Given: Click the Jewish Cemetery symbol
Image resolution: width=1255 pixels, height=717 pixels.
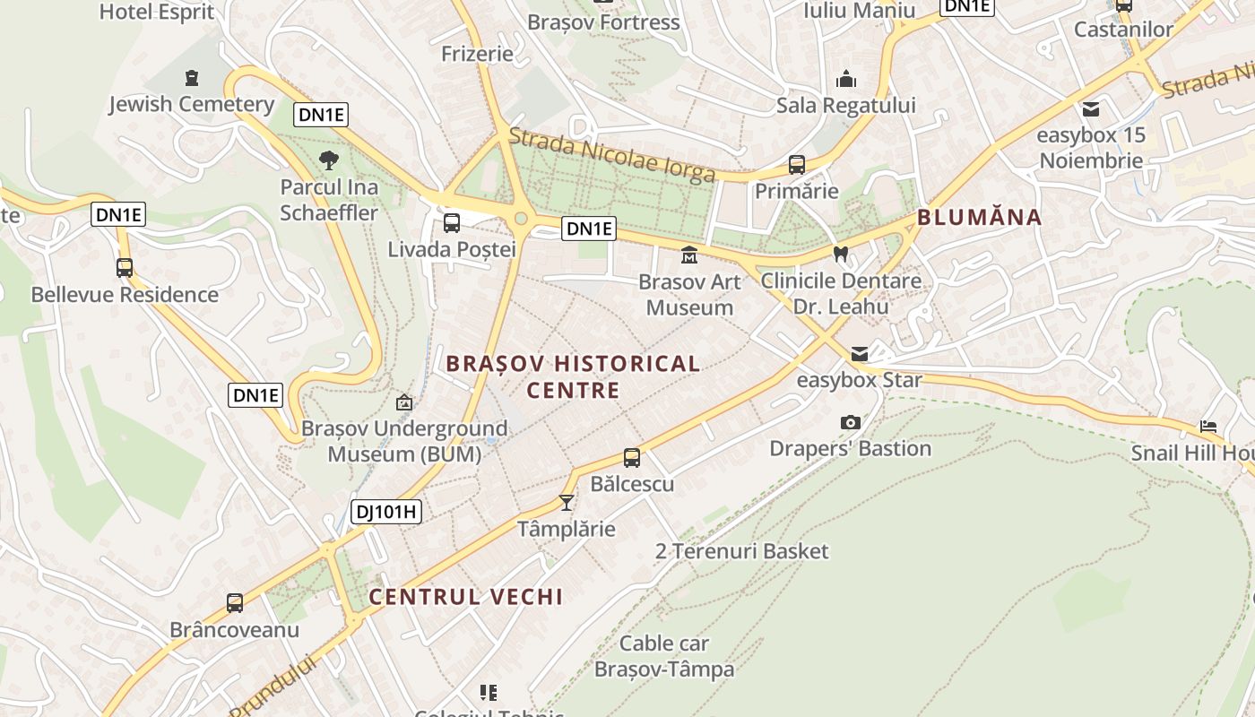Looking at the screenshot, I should (x=190, y=78).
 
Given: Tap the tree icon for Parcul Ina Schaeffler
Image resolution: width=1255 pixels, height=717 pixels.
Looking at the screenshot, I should (x=329, y=160).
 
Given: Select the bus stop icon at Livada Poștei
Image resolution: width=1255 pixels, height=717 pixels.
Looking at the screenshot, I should (x=452, y=223).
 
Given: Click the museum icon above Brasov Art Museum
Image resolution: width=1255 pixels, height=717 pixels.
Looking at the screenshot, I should (x=689, y=255).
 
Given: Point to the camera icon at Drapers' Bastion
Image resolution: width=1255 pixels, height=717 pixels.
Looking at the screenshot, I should (x=850, y=422).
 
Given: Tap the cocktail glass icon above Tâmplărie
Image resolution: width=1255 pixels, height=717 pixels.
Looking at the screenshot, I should (x=566, y=502).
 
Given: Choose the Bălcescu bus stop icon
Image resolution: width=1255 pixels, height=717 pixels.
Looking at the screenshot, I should (x=632, y=458).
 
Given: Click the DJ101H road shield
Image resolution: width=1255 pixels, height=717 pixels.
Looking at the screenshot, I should (x=385, y=512).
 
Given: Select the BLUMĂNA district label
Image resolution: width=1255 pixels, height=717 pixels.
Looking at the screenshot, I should (x=979, y=217).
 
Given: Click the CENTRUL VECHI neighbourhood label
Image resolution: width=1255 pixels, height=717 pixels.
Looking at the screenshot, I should (x=465, y=597).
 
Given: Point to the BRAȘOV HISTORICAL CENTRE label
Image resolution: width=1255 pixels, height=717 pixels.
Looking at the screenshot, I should (x=573, y=376).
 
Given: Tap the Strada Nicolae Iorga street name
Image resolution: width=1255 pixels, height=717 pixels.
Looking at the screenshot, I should (x=612, y=155).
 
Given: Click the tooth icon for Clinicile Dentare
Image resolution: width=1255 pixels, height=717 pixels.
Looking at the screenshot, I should (x=840, y=255).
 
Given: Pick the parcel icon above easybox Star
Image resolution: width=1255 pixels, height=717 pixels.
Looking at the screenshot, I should (x=860, y=354).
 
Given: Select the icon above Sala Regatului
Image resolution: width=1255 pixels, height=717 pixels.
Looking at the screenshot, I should (x=845, y=80).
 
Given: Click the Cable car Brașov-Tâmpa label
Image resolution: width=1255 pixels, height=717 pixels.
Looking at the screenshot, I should (x=664, y=656).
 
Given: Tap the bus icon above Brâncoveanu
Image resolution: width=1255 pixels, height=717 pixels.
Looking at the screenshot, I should (x=235, y=603).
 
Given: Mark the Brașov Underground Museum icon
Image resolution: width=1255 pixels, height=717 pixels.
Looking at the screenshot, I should (x=404, y=402).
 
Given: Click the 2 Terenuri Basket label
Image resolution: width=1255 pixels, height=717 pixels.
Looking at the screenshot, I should (x=741, y=551).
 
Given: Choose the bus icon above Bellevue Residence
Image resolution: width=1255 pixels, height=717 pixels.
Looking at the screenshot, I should (x=125, y=268).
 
